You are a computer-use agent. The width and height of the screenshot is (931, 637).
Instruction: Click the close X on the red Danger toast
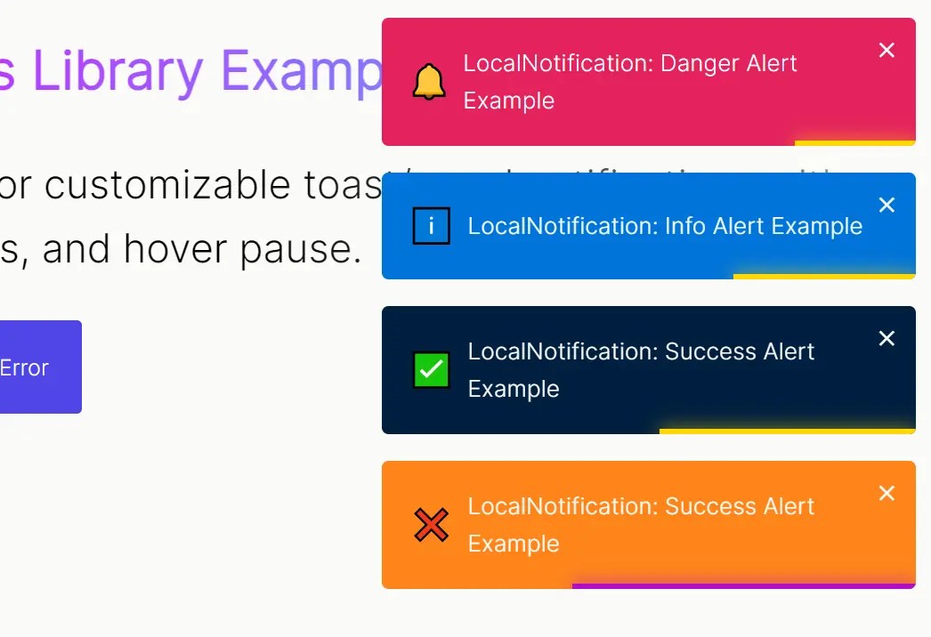(x=886, y=51)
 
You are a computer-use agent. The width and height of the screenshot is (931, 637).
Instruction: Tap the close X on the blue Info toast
(x=886, y=206)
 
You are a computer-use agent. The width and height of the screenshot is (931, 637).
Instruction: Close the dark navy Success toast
(x=886, y=339)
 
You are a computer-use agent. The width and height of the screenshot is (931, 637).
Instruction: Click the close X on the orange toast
(x=886, y=494)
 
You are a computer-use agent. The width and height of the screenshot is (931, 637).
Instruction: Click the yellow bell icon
(x=429, y=82)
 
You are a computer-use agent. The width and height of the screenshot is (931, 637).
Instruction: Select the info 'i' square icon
(x=432, y=226)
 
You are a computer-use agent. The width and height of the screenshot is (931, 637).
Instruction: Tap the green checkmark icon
(x=432, y=370)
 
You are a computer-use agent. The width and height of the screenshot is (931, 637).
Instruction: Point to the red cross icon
(x=432, y=525)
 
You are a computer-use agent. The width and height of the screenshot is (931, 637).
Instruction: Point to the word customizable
(x=185, y=185)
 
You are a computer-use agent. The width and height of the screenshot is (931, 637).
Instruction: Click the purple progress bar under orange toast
(x=743, y=586)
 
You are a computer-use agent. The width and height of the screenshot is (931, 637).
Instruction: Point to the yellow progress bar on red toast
(x=854, y=142)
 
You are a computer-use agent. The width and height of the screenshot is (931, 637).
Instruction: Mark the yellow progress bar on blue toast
(x=824, y=276)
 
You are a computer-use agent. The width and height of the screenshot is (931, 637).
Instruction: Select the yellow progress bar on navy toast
(x=787, y=431)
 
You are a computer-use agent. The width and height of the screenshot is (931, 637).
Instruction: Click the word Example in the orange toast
(x=514, y=544)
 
